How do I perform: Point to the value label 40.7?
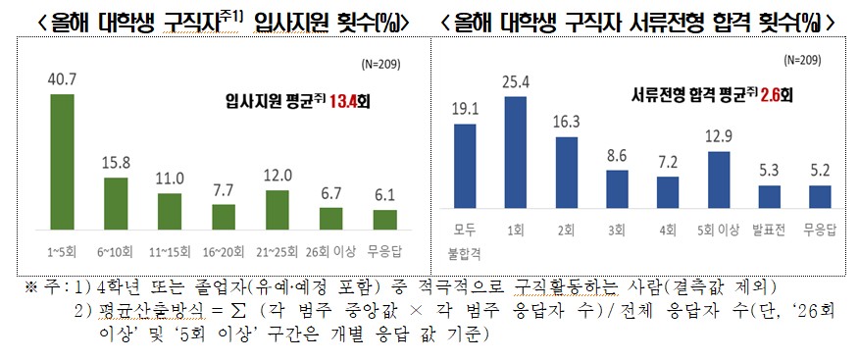(61, 77)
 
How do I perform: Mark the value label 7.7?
(224, 189)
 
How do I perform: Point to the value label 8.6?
(616, 155)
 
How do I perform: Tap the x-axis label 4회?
(667, 231)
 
